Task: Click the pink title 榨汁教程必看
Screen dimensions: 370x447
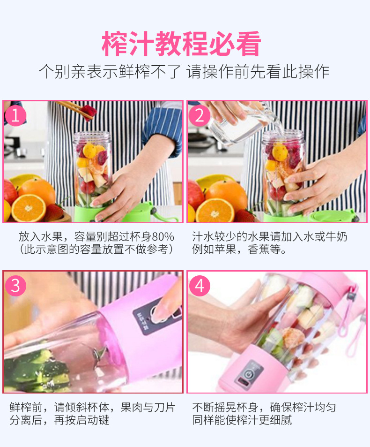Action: pos(181,44)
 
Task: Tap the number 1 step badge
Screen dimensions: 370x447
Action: pos(15,115)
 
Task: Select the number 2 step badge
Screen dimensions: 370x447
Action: pos(200,116)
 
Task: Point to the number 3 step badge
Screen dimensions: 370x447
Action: pos(15,286)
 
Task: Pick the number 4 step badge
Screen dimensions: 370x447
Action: pos(200,286)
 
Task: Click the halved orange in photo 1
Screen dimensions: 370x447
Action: pos(29,207)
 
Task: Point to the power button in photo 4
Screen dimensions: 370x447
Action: pos(247,374)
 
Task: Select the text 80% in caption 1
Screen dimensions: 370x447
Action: pos(163,237)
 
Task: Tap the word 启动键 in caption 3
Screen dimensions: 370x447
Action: pos(93,420)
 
